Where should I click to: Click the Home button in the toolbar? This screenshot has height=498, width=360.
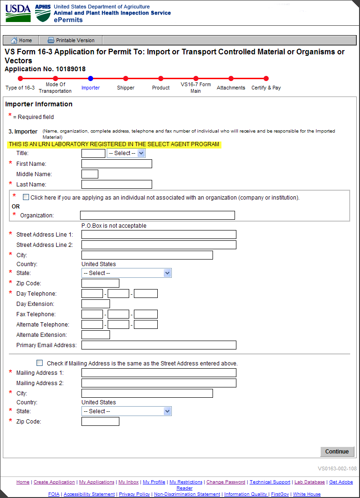pyautogui.click(x=21, y=40)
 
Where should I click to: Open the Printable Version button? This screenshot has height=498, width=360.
pyautogui.click(x=71, y=40)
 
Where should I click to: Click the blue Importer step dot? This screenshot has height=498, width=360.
pyautogui.click(x=90, y=79)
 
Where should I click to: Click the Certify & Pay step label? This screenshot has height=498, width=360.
pyautogui.click(x=266, y=88)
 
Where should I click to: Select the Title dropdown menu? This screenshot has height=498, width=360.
pyautogui.click(x=126, y=153)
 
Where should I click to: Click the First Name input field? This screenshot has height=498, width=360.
pyautogui.click(x=117, y=164)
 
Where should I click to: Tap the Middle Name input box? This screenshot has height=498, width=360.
pyautogui.click(x=90, y=174)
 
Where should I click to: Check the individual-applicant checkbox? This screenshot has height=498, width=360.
pyautogui.click(x=26, y=197)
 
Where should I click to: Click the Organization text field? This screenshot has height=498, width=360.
pyautogui.click(x=157, y=216)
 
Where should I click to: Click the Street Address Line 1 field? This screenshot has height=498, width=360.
pyautogui.click(x=159, y=235)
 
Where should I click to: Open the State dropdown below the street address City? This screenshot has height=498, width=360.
pyautogui.click(x=126, y=273)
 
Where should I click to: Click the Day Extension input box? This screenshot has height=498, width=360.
pyautogui.click(x=96, y=304)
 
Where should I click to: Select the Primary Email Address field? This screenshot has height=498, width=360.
pyautogui.click(x=159, y=345)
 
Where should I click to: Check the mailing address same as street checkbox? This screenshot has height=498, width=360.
pyautogui.click(x=40, y=363)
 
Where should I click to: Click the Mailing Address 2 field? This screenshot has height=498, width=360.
pyautogui.click(x=159, y=383)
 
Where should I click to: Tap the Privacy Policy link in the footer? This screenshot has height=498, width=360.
pyautogui.click(x=134, y=494)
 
